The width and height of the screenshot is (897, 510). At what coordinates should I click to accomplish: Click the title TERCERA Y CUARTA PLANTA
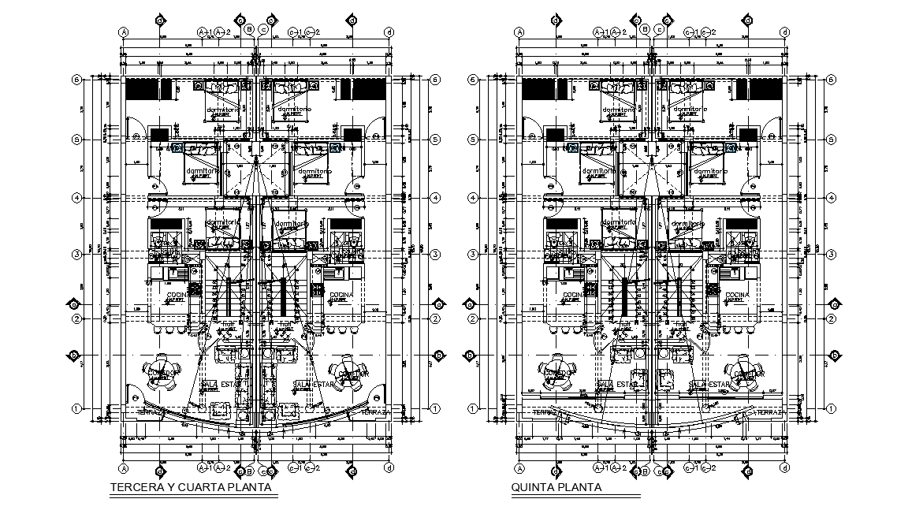click(192, 487)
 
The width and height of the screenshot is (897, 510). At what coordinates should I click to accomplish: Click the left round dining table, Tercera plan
click(161, 374)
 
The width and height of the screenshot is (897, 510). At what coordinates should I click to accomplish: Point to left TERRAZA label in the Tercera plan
click(150, 411)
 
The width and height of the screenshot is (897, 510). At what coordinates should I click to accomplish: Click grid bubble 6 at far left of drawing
click(77, 79)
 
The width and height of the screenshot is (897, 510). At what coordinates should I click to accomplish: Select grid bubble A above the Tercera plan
click(124, 32)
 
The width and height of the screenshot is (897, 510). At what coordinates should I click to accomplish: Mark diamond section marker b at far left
click(76, 356)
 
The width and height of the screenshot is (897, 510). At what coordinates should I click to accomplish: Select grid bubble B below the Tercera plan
click(249, 471)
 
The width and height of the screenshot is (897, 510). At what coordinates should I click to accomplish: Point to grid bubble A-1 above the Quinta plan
click(599, 32)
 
